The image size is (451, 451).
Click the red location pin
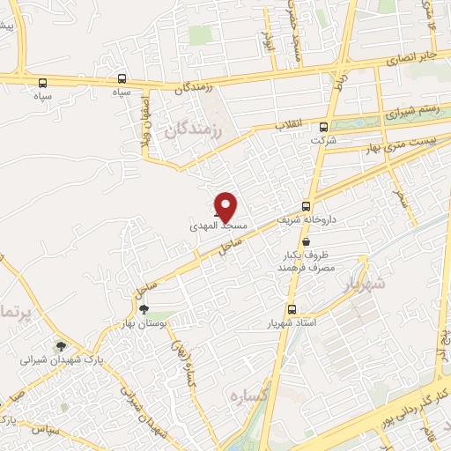point(226,207)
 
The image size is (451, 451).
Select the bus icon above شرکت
point(324,126)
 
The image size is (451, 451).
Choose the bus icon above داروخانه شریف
point(307,203)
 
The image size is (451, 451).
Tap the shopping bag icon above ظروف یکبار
point(306,241)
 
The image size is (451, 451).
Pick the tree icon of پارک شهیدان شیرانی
point(60,346)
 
